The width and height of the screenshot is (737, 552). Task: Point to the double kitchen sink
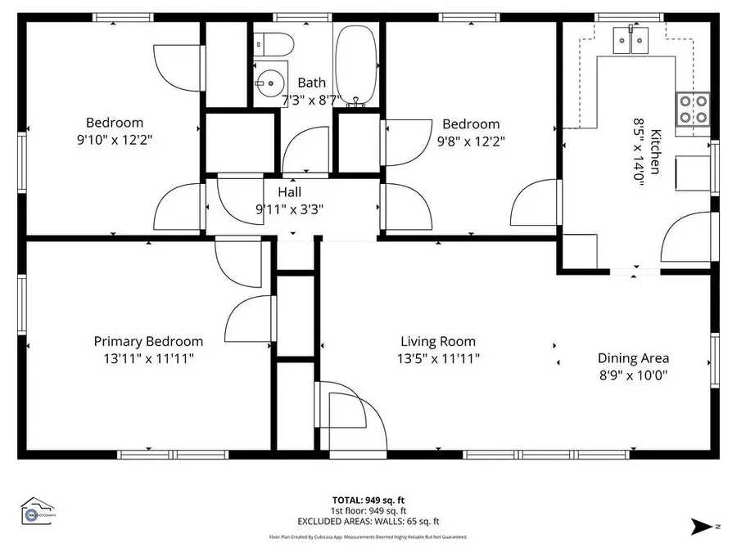(x=631, y=38)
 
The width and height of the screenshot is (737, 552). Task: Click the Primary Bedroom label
(x=148, y=341)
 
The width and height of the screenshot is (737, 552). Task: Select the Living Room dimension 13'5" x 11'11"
(x=438, y=358)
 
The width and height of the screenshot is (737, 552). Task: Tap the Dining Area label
(x=633, y=357)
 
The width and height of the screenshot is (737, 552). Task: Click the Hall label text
(x=289, y=192)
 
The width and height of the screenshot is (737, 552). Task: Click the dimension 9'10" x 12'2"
(x=115, y=140)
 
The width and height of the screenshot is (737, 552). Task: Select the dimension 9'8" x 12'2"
(x=471, y=140)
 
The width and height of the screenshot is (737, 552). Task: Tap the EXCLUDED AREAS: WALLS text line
(x=368, y=521)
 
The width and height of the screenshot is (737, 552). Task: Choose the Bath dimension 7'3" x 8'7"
(x=311, y=100)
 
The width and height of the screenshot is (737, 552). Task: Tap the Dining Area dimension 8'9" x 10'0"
(x=633, y=375)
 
